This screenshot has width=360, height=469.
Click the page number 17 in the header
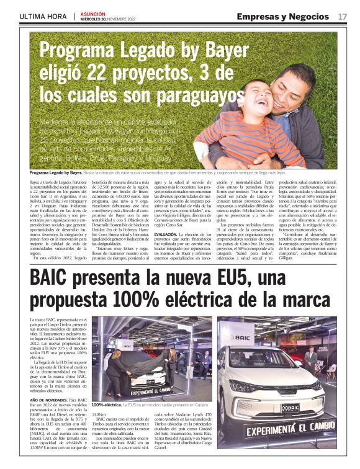(x=342, y=16)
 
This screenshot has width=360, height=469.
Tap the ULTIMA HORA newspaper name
(x=43, y=17)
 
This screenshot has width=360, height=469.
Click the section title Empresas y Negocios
(x=282, y=16)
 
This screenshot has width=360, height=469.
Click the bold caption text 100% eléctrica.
(x=107, y=386)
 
